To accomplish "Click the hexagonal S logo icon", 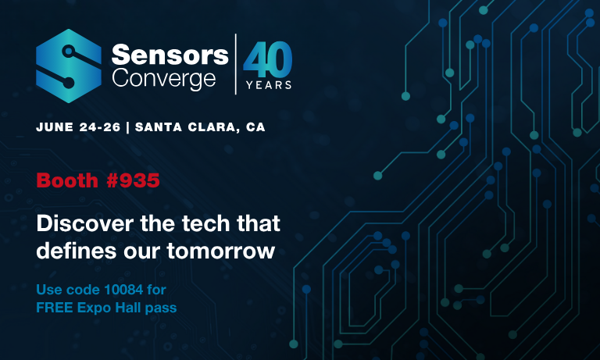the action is (x=69, y=66).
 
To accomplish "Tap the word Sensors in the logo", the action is (x=170, y=55).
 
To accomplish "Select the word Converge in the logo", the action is (x=164, y=80).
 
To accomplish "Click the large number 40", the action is (x=268, y=59).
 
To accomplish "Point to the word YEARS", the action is (x=269, y=85).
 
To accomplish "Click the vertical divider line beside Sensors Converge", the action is (x=235, y=64).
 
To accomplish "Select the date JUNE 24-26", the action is (x=78, y=127).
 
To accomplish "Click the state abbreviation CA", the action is (x=255, y=127).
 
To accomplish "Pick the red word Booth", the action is (x=67, y=180).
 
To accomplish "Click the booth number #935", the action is (x=133, y=180).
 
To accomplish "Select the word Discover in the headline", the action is (x=85, y=223).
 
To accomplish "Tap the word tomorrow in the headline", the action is (x=221, y=251).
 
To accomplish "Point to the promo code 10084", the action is (x=123, y=290).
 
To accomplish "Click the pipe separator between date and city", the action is (x=128, y=127).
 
